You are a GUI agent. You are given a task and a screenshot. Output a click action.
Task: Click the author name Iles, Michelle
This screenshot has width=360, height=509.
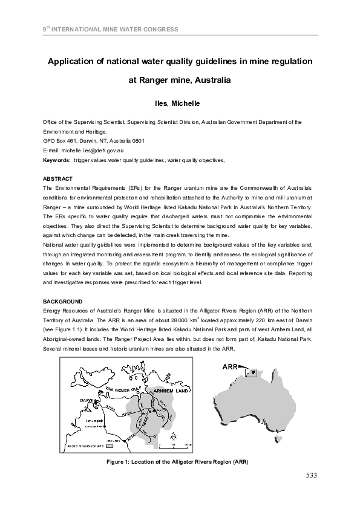180,103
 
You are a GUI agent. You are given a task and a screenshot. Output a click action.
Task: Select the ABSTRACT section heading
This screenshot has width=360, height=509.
57,179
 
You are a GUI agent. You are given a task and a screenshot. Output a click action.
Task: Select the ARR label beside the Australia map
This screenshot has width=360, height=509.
229,366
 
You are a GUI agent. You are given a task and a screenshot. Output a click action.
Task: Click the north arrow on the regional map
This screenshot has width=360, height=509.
172,435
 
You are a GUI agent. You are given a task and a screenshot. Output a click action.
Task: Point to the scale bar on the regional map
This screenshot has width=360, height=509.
175,443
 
